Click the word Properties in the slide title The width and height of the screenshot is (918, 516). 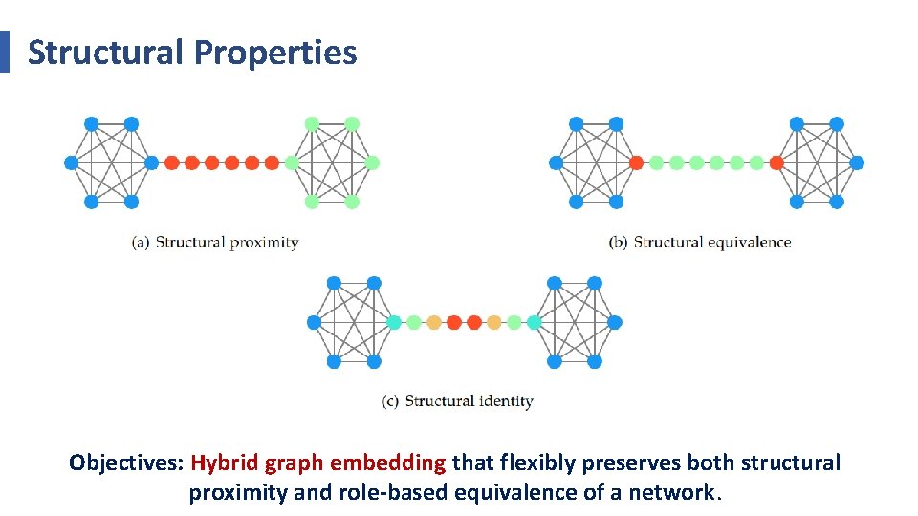coord(274,53)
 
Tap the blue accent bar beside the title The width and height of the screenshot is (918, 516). coord(4,52)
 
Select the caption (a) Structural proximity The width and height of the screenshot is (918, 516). coord(215,243)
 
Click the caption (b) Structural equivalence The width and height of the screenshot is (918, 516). coord(700,243)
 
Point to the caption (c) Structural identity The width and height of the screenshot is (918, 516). coord(457,401)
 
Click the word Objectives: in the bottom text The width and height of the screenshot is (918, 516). coord(126,463)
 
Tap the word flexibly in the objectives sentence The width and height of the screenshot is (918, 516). coord(537,463)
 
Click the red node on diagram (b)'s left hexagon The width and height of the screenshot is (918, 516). coord(636,163)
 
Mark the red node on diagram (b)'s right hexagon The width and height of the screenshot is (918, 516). coord(776,163)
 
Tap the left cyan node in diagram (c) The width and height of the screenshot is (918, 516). coord(394,323)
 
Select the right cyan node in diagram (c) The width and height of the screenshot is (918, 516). coord(535,323)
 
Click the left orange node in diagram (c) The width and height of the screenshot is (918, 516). coord(434,323)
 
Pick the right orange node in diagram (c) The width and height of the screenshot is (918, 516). coord(494,323)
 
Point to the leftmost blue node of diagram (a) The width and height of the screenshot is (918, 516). coord(71,163)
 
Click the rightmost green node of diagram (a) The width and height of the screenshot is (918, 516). coord(373,163)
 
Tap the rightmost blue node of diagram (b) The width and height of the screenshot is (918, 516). coord(858,163)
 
